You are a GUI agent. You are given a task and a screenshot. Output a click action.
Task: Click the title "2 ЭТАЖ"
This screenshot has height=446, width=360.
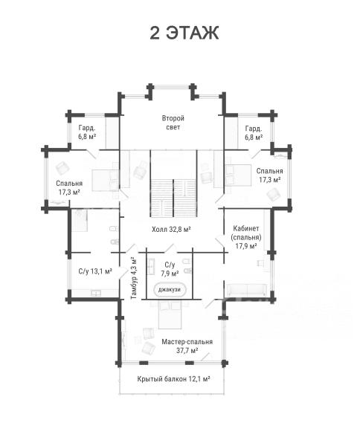pos(184,33)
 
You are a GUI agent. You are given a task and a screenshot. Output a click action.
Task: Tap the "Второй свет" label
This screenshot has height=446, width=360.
pos(173,123)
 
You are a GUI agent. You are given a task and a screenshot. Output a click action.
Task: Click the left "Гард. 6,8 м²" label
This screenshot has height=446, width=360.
pos(87,132)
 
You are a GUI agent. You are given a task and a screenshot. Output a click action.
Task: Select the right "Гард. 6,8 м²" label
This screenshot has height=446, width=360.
pos(254,133)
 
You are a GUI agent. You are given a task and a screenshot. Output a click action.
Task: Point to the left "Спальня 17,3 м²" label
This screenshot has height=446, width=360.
pos(69,187)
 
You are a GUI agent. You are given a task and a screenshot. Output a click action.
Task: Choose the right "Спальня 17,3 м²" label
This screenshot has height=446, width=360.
pos(269,175)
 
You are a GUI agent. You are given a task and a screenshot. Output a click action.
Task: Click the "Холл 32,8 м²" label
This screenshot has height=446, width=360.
pos(171,229)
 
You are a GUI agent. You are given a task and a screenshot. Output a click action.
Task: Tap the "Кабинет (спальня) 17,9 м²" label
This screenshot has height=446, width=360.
pos(246,237)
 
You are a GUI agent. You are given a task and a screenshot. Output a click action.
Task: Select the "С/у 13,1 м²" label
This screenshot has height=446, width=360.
pos(95,271)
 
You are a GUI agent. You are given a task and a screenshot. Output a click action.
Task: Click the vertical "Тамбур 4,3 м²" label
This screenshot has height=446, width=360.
pos(133,277)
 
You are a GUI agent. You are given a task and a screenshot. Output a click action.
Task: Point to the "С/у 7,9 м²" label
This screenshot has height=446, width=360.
pos(170,269)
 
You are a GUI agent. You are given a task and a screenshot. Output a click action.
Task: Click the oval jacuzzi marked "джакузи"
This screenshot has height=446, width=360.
pos(170,290)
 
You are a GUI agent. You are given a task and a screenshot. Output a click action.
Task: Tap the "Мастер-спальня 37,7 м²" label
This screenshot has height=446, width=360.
pos(187,346)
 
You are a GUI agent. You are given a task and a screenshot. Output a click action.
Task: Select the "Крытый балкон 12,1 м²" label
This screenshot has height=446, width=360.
pos(173,379)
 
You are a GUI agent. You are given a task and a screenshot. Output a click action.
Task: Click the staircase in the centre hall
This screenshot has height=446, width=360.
pos(173,198)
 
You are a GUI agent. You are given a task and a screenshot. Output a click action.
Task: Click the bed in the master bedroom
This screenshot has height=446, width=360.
pos(170,314)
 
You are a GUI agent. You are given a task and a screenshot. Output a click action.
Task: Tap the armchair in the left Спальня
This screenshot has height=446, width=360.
pos(62,168)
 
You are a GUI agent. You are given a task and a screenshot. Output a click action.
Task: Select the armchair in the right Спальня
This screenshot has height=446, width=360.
pos(274,195)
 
